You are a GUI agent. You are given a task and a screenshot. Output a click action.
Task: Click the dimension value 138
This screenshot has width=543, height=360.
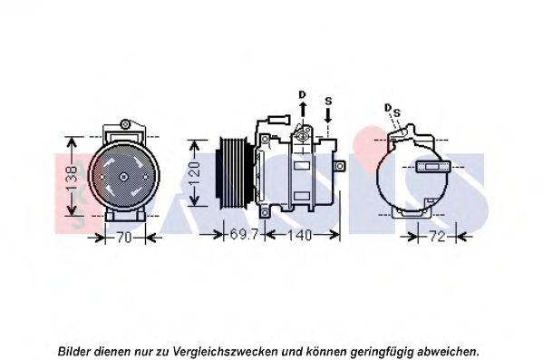(x=73, y=178)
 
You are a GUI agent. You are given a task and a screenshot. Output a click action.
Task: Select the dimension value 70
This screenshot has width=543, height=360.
(x=123, y=238)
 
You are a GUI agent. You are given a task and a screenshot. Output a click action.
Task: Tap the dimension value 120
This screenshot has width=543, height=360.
(x=195, y=173)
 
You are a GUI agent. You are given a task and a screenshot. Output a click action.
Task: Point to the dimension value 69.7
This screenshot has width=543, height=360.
(x=244, y=234)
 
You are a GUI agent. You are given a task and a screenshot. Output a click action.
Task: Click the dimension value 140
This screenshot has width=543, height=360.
(x=299, y=235)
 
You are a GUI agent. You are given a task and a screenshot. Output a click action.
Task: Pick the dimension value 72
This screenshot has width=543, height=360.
(x=437, y=237)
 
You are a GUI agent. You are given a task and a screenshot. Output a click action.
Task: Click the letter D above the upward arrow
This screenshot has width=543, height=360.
(x=302, y=94)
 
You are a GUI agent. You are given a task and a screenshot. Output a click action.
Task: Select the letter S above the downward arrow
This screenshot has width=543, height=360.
(x=328, y=102)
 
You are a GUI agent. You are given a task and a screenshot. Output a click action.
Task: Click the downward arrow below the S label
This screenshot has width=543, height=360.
(x=328, y=115)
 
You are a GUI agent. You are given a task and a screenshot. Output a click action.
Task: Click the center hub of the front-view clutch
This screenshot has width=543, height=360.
(x=123, y=177)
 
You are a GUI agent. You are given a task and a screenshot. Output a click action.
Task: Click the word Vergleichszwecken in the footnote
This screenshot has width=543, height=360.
(x=225, y=351)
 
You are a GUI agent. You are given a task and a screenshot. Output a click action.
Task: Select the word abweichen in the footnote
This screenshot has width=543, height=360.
(x=448, y=351)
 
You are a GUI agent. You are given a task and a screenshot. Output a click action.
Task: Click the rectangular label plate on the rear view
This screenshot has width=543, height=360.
(x=432, y=167)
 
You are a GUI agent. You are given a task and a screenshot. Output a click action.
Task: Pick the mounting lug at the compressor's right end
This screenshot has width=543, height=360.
(x=340, y=166)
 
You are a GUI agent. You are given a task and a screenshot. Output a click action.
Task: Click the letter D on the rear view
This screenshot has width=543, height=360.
(x=388, y=108)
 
